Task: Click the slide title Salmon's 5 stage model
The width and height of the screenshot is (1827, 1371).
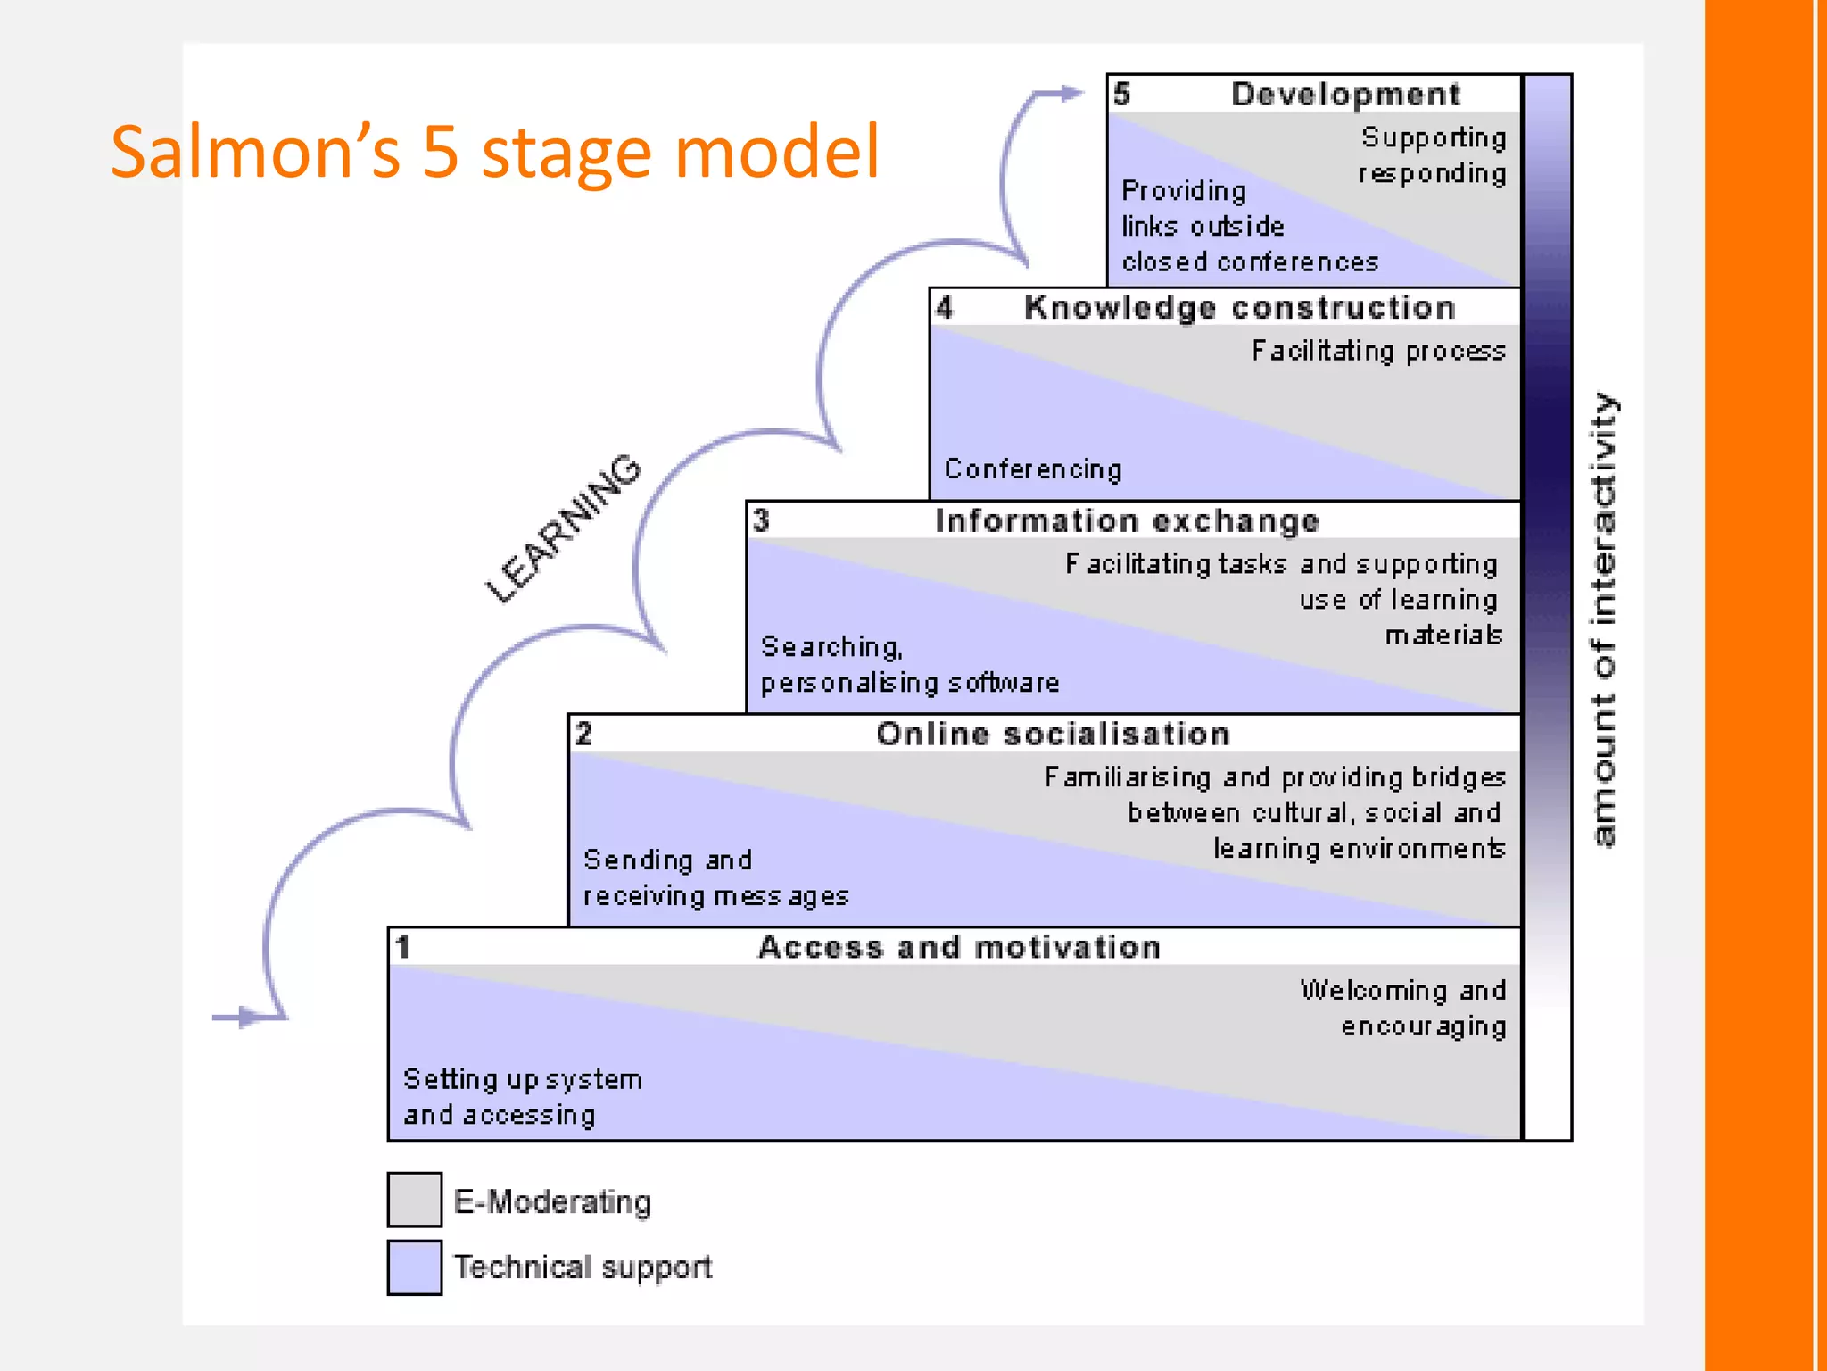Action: (x=495, y=152)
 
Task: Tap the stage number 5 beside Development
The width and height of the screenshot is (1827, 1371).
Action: (x=1122, y=94)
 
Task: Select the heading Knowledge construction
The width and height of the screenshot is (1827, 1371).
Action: (x=1239, y=308)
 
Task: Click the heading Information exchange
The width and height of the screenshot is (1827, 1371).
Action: (x=1127, y=521)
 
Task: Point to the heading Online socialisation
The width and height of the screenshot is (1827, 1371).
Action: (x=1053, y=735)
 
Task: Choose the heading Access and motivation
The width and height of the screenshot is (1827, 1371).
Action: (x=959, y=948)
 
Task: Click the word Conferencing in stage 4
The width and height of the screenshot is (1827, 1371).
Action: (x=1032, y=469)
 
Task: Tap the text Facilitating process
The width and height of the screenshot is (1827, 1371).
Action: (x=1378, y=352)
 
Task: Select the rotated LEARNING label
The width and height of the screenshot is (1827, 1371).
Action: (x=563, y=528)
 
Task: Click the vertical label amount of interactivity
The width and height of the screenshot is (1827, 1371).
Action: (x=1603, y=620)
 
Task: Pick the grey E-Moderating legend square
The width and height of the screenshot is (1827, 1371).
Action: (x=415, y=1200)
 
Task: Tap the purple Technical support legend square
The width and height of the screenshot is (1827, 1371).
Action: (x=415, y=1267)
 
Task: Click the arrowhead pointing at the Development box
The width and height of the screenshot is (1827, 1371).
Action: (x=1071, y=93)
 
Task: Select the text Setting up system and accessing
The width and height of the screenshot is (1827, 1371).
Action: (x=522, y=1097)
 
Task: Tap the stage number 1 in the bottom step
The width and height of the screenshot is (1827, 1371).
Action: (x=403, y=947)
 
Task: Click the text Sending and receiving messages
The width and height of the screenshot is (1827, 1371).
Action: (x=715, y=878)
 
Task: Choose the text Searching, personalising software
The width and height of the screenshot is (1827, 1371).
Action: (x=909, y=665)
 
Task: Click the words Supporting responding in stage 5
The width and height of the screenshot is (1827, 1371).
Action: (x=1433, y=155)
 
